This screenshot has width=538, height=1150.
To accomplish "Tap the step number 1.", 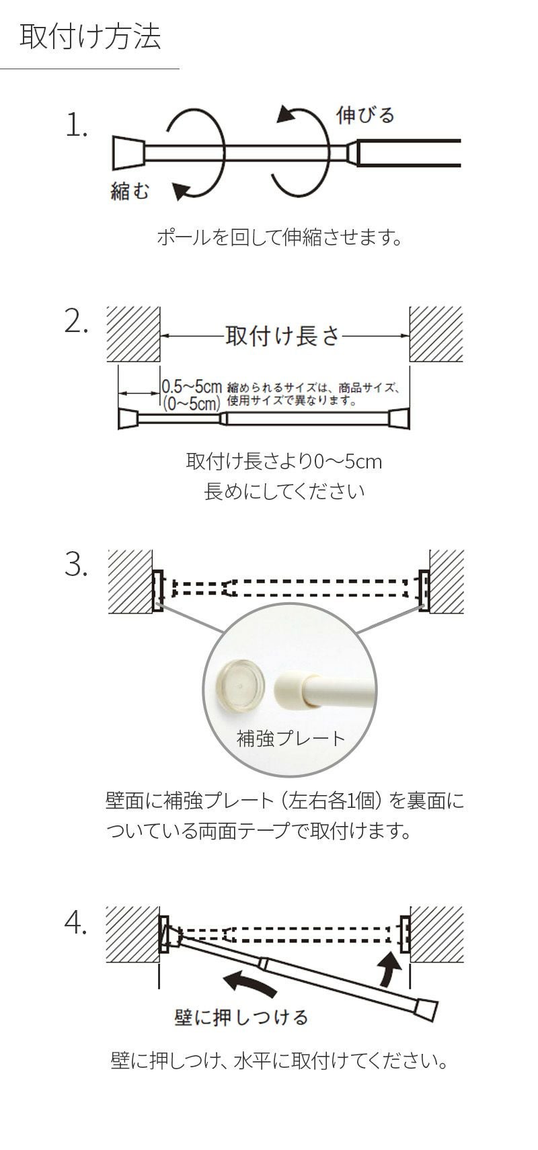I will click(x=77, y=126).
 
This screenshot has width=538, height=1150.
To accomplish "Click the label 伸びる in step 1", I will click(x=365, y=115).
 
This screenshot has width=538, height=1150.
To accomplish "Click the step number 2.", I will click(x=77, y=323).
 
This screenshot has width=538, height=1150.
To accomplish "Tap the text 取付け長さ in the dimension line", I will click(x=282, y=335).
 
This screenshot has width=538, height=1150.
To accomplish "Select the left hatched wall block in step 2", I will click(x=133, y=334).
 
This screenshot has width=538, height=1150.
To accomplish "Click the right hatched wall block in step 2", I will click(x=436, y=334).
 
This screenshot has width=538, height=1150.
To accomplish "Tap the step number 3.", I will click(x=77, y=566).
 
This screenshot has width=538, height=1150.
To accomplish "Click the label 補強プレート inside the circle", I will click(x=291, y=739).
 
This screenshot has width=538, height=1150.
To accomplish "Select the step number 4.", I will click(x=77, y=926).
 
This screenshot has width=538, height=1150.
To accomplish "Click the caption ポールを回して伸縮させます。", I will click(x=279, y=237).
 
